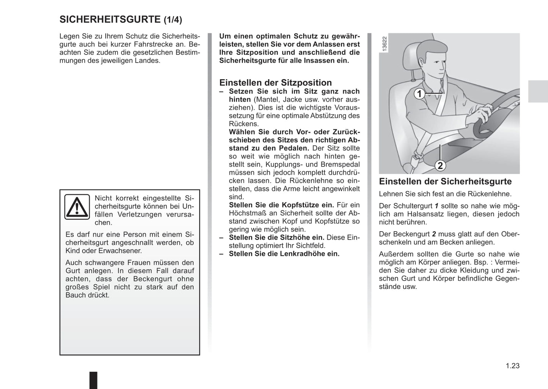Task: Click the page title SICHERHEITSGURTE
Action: (110, 19)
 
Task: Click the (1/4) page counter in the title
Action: (173, 20)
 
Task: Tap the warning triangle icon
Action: (77, 207)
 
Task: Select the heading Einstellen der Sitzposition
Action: (275, 83)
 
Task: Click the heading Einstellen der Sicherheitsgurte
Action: (445, 181)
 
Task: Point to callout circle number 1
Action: (419, 93)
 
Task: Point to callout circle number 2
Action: (440, 165)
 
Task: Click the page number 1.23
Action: (512, 366)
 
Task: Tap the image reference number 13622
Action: (385, 44)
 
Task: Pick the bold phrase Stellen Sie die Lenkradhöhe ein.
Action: (284, 254)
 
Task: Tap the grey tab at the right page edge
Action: (538, 91)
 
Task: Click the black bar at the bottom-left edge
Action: (93, 380)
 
